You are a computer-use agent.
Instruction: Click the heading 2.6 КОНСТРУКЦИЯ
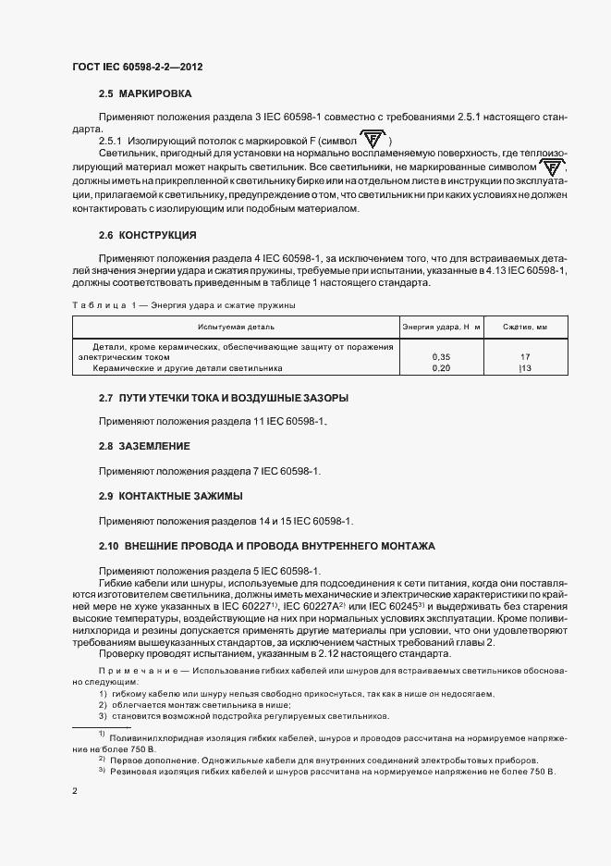point(148,235)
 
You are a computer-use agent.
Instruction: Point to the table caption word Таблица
point(97,304)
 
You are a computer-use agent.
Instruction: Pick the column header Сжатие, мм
point(524,327)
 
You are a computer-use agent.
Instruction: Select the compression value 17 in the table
point(524,357)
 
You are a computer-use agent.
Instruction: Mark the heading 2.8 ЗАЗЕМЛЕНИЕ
point(145,446)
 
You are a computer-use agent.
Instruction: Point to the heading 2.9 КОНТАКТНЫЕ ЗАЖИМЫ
point(171,495)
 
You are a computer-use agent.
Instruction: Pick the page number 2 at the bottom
point(75,792)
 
